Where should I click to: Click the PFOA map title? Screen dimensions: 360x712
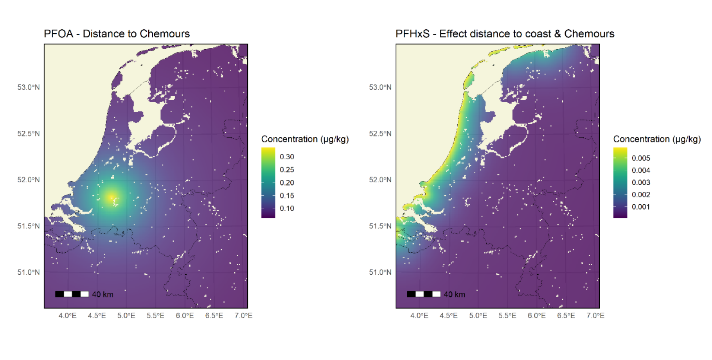click(x=117, y=34)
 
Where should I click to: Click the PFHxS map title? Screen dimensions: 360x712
click(x=505, y=34)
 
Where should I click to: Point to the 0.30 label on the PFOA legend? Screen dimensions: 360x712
click(x=287, y=157)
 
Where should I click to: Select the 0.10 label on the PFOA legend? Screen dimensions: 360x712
click(x=287, y=209)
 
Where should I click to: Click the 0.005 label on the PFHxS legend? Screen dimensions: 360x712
click(x=641, y=158)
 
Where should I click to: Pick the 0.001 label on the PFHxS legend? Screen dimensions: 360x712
click(x=641, y=207)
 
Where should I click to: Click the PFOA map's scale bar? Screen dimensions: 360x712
click(x=72, y=294)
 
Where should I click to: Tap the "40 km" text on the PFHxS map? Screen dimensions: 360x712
click(x=454, y=294)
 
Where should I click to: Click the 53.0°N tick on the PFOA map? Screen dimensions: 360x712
click(x=29, y=87)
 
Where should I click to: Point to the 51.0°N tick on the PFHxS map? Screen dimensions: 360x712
click(x=380, y=272)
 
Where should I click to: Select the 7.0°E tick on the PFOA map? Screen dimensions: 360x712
click(x=243, y=316)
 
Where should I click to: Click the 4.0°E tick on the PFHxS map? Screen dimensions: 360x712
click(x=419, y=316)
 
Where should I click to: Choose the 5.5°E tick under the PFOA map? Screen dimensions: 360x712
click(x=155, y=316)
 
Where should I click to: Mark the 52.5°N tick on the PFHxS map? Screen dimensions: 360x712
click(x=380, y=134)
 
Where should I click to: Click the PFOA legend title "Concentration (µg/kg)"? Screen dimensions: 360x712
click(x=305, y=139)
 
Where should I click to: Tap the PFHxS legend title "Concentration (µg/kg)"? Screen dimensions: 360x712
click(x=657, y=139)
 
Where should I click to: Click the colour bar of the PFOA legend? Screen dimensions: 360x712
click(x=268, y=182)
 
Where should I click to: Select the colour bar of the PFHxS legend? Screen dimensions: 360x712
click(x=620, y=182)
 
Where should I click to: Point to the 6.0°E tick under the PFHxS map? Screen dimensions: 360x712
click(x=536, y=316)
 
